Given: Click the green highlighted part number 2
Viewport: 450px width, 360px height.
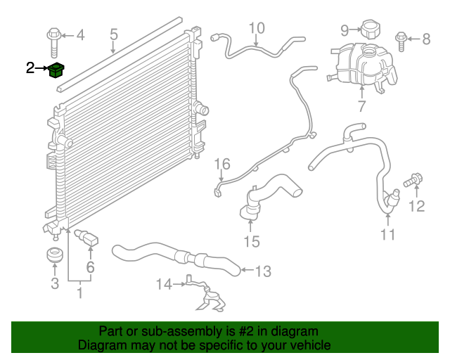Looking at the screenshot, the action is (56, 70).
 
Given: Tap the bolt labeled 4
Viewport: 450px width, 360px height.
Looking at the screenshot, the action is (54, 42).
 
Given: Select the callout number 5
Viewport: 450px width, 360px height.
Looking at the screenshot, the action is (114, 34).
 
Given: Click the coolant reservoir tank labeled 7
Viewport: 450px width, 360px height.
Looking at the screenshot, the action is (362, 67).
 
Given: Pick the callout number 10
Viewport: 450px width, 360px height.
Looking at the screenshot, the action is (257, 28).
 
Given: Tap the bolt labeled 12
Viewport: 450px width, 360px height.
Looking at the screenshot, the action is (413, 180).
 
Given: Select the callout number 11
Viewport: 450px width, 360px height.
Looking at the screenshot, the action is (387, 234).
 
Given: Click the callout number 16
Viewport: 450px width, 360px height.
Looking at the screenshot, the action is (222, 164).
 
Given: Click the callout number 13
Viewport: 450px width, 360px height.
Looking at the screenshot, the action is (263, 271).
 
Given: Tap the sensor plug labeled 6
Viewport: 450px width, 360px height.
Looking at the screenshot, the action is (87, 238).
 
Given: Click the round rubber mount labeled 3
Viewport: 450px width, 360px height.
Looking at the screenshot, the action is (55, 255).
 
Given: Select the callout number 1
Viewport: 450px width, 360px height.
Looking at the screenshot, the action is (80, 292).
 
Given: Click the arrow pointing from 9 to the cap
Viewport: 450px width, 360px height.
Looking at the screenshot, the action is (355, 30).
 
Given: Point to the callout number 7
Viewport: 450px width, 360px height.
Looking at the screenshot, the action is (362, 106).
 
